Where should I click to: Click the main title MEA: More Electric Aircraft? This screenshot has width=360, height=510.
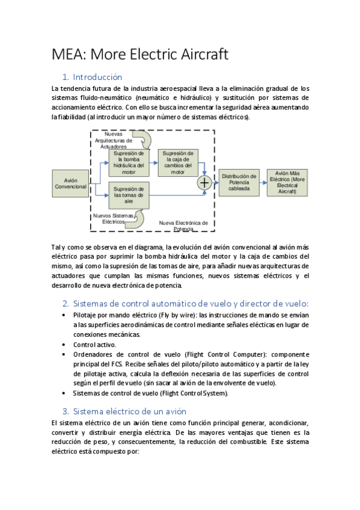(x=139, y=55)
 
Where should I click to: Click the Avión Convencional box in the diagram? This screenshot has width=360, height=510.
(x=71, y=183)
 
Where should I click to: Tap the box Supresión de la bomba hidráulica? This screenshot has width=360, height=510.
(x=128, y=160)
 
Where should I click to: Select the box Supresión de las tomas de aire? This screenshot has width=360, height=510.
(x=129, y=195)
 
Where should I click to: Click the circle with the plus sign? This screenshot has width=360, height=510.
(x=205, y=183)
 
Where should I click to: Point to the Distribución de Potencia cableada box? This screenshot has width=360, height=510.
(x=239, y=182)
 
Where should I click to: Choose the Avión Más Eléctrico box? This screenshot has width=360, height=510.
(x=287, y=182)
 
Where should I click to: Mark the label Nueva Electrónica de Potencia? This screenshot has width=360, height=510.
(x=183, y=226)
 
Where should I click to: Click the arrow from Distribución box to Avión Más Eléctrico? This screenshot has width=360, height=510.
(x=263, y=182)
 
